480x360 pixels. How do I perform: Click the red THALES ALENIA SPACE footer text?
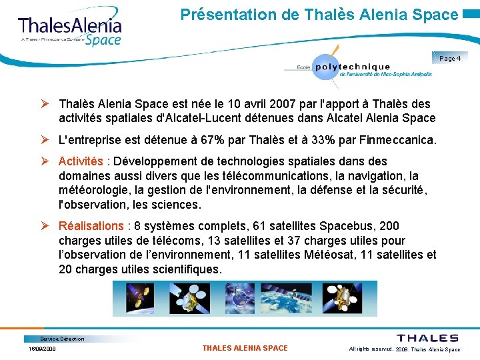[x=245, y=348]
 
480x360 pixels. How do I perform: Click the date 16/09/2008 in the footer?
[x=42, y=349]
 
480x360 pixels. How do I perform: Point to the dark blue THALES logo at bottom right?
[x=427, y=338]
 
